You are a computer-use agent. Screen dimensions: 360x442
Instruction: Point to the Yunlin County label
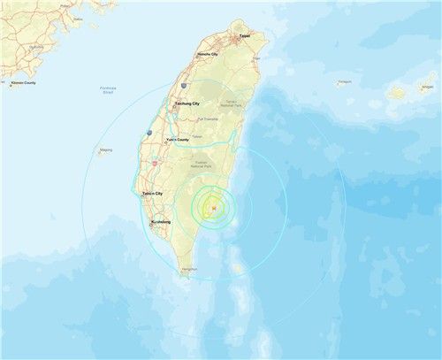[x=177, y=139]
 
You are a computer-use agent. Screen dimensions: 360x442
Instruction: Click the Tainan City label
[x=153, y=193]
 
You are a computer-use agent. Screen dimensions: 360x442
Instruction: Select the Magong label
[x=106, y=150]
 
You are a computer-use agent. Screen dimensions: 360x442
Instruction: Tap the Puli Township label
[x=208, y=118]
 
